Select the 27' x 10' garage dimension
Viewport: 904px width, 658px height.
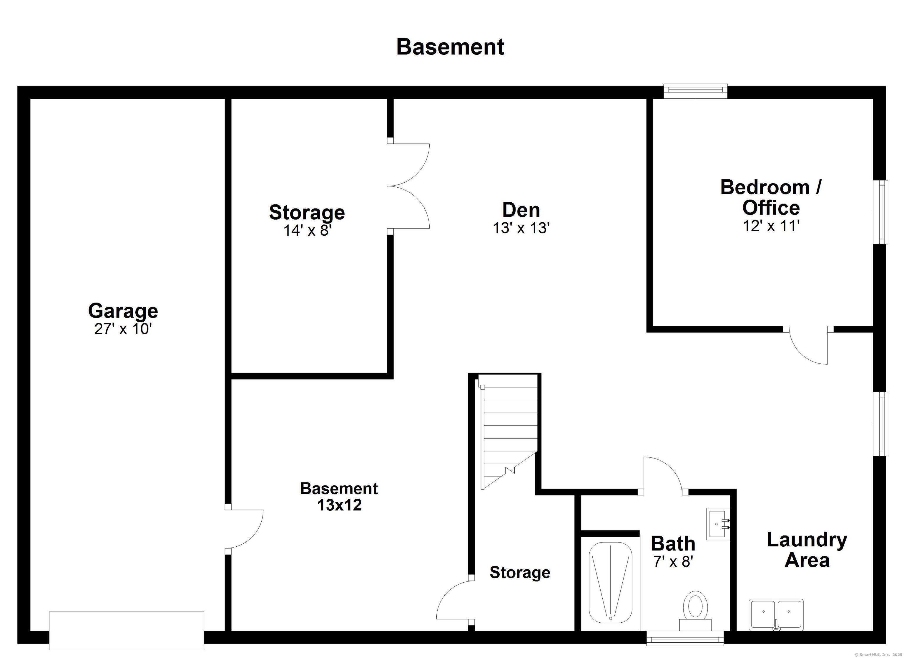click(123, 329)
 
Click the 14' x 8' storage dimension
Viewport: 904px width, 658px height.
click(307, 230)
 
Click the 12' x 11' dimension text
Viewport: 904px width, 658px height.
click(771, 226)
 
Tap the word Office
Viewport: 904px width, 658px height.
click(771, 208)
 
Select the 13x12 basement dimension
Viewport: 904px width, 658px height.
click(339, 505)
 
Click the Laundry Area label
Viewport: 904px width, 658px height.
click(807, 550)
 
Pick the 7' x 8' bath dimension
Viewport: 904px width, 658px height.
click(673, 562)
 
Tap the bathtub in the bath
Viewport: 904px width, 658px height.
click(610, 583)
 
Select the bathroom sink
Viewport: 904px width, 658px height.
click(718, 524)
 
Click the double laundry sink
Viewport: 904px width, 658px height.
click(776, 614)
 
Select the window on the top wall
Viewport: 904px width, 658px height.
click(696, 91)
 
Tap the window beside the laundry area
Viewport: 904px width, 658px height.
click(880, 424)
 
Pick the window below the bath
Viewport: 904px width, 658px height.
click(685, 638)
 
